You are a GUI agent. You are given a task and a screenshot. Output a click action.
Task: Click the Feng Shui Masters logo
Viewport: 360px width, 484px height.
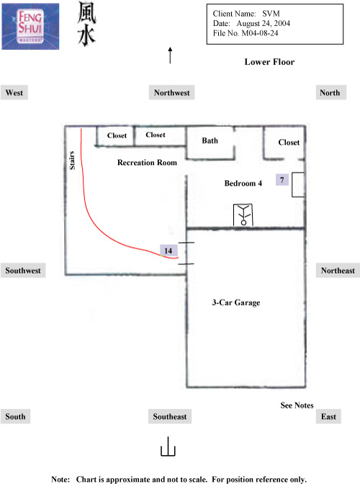[x=30, y=26]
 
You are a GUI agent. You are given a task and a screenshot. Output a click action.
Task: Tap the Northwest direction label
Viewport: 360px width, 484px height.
[x=172, y=93]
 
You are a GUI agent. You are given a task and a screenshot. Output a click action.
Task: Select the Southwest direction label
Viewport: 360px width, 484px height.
[x=23, y=270]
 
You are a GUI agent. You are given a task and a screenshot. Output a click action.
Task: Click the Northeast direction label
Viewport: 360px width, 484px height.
[x=338, y=270]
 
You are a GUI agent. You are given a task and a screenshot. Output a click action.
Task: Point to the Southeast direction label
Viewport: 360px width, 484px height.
[x=170, y=416]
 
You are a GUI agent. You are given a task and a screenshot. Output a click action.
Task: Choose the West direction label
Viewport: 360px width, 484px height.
[x=14, y=93]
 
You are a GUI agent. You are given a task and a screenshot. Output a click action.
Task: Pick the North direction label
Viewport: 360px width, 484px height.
[x=330, y=93]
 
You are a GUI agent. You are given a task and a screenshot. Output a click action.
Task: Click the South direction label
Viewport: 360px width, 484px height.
[x=15, y=416]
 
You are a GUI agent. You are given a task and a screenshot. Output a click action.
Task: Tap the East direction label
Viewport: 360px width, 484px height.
[x=328, y=416]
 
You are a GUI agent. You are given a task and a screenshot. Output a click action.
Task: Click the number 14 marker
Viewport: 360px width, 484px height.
[x=168, y=251]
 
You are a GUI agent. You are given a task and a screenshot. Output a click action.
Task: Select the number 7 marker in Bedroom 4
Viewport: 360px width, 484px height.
[x=282, y=179]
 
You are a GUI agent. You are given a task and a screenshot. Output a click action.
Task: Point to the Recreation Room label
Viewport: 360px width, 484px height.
[x=147, y=162]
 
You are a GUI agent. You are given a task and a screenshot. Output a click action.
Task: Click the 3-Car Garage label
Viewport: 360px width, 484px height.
[x=236, y=302]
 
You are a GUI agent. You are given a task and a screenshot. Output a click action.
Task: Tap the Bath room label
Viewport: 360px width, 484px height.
[x=210, y=140]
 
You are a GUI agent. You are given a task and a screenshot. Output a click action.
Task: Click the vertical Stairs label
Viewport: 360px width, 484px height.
[x=72, y=160]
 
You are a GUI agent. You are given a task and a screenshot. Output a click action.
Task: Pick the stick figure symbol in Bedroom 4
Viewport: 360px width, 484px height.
[x=243, y=215]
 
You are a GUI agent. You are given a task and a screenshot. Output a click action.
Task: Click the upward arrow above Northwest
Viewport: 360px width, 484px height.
[x=170, y=55]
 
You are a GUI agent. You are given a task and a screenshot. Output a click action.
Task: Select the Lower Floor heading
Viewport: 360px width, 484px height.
[x=269, y=62]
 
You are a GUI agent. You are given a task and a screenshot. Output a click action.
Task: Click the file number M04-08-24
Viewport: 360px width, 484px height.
[x=260, y=33]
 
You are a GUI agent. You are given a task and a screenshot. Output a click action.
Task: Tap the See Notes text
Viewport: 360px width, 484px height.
[x=297, y=405]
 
